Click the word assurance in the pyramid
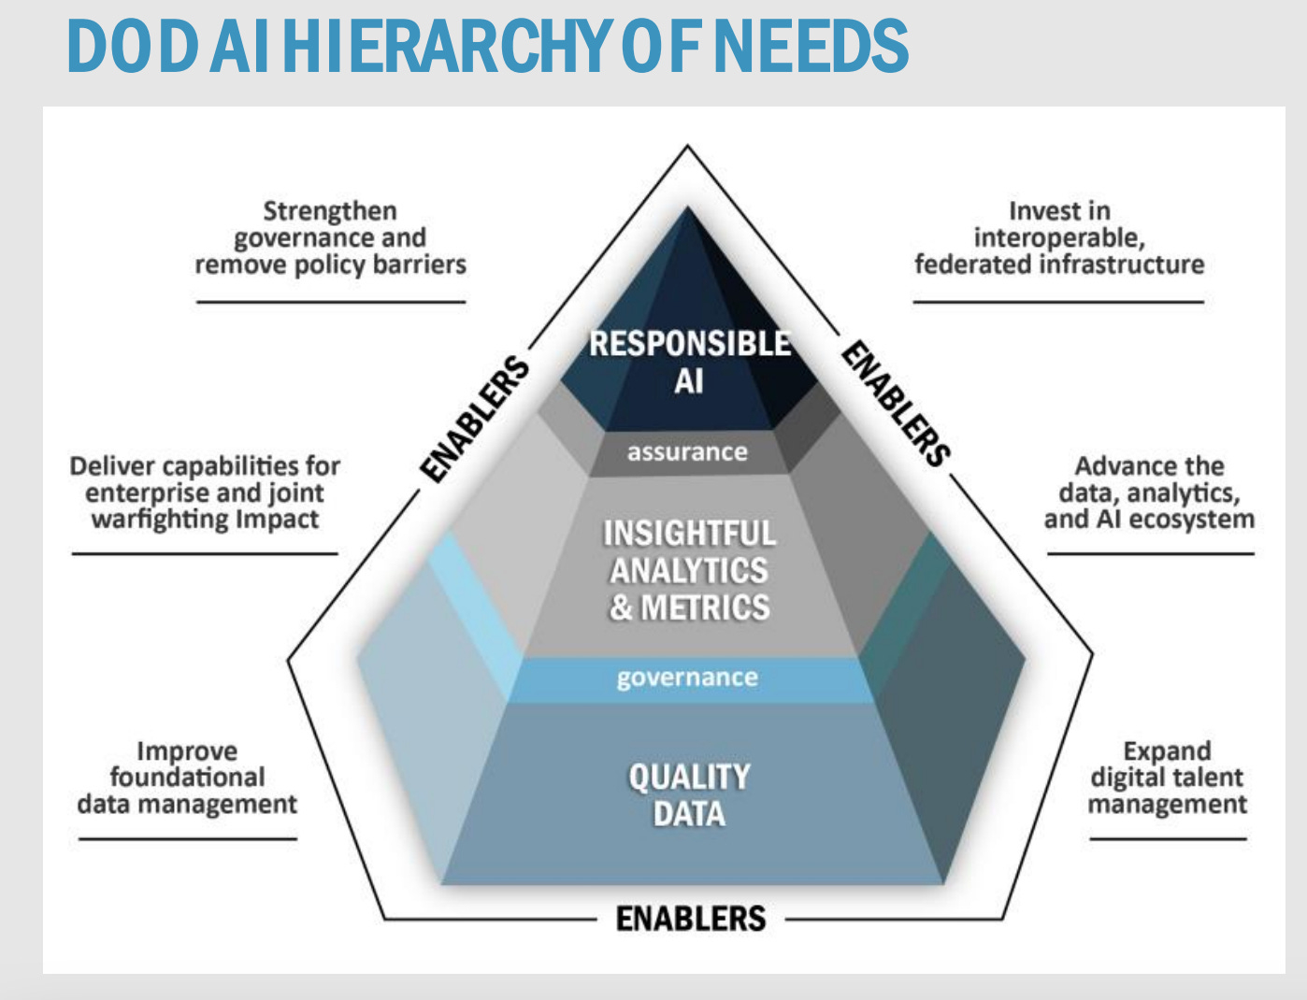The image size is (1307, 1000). pyautogui.click(x=687, y=452)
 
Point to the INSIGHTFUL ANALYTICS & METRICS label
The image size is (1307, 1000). pyautogui.click(x=690, y=570)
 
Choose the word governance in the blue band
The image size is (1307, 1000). pyautogui.click(x=687, y=678)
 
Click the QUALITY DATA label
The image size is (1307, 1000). pyautogui.click(x=689, y=795)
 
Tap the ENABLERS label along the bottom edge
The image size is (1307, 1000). pyautogui.click(x=691, y=919)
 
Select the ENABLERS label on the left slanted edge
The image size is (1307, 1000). pyautogui.click(x=475, y=419)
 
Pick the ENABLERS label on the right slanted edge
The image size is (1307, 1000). pyautogui.click(x=896, y=403)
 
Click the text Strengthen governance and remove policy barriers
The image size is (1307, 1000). pyautogui.click(x=330, y=238)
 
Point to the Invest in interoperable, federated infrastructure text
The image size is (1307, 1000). pyautogui.click(x=1059, y=238)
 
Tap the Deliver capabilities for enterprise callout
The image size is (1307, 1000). pyautogui.click(x=205, y=493)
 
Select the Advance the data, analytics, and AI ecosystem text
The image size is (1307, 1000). pyautogui.click(x=1149, y=493)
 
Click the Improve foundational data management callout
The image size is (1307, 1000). pyautogui.click(x=187, y=778)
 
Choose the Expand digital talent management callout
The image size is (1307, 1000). pyautogui.click(x=1167, y=778)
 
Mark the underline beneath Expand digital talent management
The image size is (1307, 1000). pyautogui.click(x=1168, y=838)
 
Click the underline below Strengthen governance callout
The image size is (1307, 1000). pyautogui.click(x=330, y=302)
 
